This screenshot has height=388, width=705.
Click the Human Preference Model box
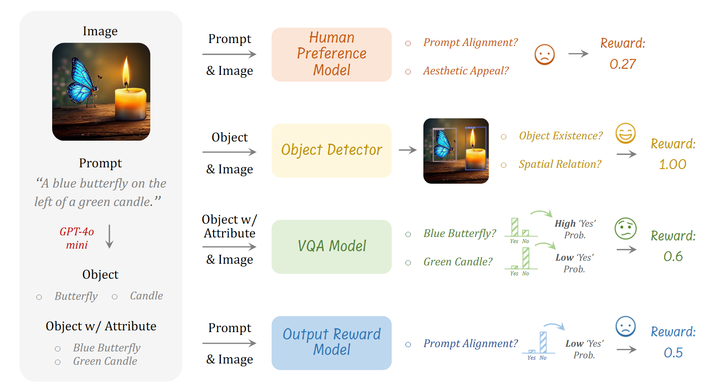click(x=331, y=54)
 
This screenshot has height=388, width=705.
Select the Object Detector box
click(x=331, y=150)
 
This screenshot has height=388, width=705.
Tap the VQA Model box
click(x=331, y=246)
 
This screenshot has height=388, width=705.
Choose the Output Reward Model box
click(x=331, y=342)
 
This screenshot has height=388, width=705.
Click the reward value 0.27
click(x=622, y=64)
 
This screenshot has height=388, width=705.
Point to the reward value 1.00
click(x=672, y=164)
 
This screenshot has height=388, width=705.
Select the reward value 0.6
click(x=673, y=256)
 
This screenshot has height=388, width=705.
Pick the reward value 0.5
click(x=673, y=353)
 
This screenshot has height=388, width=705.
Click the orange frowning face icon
click(x=544, y=55)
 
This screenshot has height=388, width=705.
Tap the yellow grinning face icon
click(x=625, y=133)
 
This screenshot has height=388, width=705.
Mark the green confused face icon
click(x=625, y=228)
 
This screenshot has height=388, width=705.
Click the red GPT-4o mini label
click(x=77, y=238)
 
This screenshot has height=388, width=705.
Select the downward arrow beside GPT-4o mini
click(x=109, y=236)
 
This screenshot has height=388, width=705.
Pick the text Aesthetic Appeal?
click(x=466, y=71)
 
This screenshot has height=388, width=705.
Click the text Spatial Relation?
click(x=560, y=164)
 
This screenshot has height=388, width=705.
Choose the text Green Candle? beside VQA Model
click(x=458, y=262)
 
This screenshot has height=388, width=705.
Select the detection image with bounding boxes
click(x=456, y=151)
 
